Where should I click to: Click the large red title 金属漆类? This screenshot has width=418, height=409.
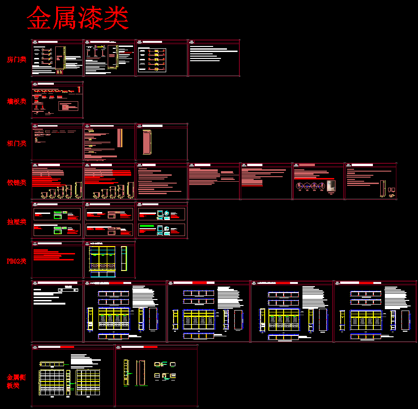77,18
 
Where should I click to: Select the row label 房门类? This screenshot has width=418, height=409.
17,59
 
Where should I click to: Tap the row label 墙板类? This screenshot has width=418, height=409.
17,101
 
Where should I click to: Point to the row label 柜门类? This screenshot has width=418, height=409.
17,143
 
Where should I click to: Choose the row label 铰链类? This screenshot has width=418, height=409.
17,183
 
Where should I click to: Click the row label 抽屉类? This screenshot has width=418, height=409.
17,222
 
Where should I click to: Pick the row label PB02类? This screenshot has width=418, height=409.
17,261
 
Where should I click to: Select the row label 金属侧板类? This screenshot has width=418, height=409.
17,381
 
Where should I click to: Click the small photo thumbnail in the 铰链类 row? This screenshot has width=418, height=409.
331,186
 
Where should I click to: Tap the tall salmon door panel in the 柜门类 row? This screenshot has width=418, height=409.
147,143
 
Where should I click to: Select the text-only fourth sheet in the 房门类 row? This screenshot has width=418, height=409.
214,58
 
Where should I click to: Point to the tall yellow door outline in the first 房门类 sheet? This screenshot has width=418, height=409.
59,60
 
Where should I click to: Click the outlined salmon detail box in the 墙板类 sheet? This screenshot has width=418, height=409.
69,107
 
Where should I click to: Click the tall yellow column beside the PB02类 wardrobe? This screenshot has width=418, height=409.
123,259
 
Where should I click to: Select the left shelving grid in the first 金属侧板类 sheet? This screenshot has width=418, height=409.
52,382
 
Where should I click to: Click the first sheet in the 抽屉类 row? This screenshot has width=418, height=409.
57,222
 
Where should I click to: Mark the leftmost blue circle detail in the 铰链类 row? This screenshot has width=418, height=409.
299,186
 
